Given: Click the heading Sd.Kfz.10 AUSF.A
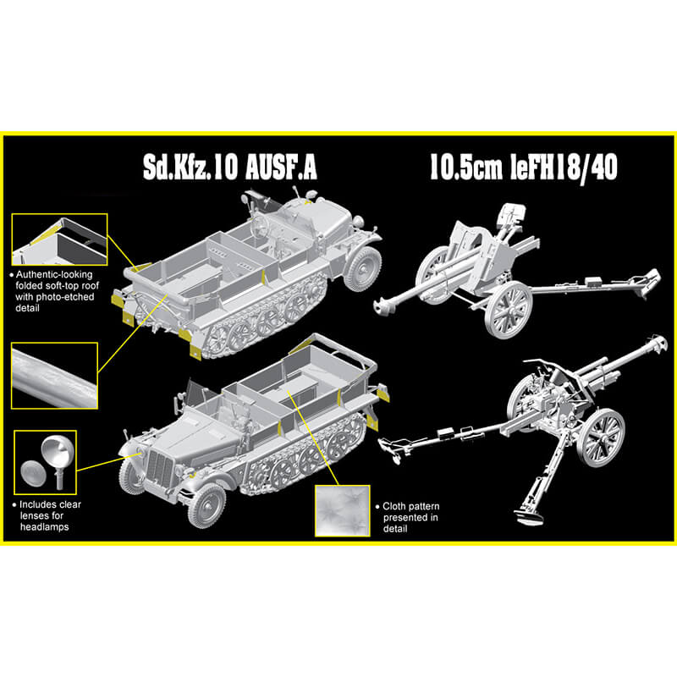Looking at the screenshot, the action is click(x=229, y=167).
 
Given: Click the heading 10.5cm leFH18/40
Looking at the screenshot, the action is click(x=523, y=167).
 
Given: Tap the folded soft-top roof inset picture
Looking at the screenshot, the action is click(x=59, y=239).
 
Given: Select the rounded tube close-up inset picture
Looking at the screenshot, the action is click(x=54, y=376).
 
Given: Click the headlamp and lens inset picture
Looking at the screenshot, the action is click(x=46, y=462).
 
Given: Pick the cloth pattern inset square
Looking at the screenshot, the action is click(x=343, y=511).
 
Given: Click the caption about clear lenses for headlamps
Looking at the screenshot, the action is click(x=47, y=515).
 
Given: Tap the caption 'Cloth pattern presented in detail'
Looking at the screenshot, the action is click(x=408, y=517).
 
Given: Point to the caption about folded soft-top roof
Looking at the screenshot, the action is click(x=53, y=291).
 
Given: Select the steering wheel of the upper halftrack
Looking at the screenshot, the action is click(x=261, y=223).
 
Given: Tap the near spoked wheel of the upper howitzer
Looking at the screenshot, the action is click(x=509, y=309).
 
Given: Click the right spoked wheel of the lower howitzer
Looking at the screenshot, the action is click(x=601, y=438).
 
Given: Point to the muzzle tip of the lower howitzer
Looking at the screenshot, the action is click(x=659, y=341).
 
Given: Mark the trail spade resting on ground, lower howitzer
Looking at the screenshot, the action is click(x=528, y=517).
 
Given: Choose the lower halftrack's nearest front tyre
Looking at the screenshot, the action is click(x=206, y=505).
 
